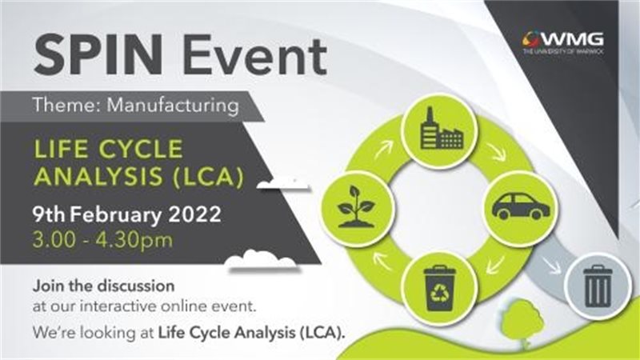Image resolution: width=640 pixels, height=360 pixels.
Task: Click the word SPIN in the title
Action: pos(98,54)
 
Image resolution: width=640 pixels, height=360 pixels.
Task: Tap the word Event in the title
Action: pos(254,55)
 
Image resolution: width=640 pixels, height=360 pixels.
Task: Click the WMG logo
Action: pos(563,42)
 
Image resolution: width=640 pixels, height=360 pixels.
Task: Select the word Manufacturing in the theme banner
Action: pos(173,105)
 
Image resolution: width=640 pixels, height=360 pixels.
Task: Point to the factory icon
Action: pos(441,129)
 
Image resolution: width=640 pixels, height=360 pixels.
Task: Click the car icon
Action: pos(521,206)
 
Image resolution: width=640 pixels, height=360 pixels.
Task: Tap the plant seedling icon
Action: pos(356,206)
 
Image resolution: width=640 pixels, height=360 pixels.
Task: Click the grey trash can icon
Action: pos(598,286)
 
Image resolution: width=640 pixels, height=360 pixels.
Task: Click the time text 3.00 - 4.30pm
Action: pos(103,240)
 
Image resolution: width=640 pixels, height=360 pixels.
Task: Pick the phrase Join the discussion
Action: pos(104,286)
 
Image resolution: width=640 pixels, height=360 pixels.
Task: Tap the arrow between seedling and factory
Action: pos(383,149)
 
